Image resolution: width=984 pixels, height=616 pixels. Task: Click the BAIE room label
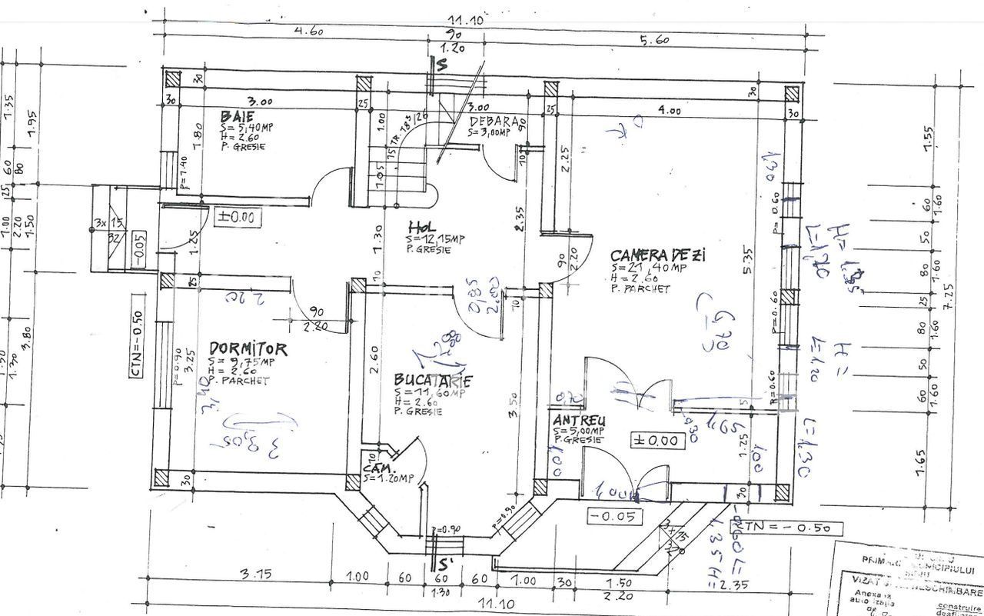pos(237,117)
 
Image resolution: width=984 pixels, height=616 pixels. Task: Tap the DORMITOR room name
pos(248,349)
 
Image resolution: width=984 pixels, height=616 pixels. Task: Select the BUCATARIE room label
pos(432,380)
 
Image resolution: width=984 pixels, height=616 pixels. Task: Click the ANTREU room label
pos(579,421)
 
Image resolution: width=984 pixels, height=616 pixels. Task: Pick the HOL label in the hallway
pos(424,228)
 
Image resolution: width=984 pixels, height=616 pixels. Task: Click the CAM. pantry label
pos(379,468)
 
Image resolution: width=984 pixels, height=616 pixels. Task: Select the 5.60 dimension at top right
pos(650,39)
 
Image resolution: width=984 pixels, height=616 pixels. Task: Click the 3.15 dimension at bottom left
pos(254,574)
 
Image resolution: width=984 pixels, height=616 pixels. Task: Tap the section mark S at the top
pos(441,65)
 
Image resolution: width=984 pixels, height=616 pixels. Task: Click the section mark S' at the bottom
pos(444,564)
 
